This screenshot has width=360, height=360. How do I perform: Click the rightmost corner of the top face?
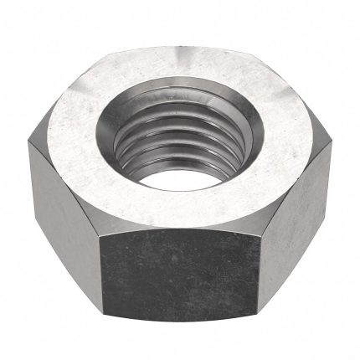pyautogui.click(x=329, y=139)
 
